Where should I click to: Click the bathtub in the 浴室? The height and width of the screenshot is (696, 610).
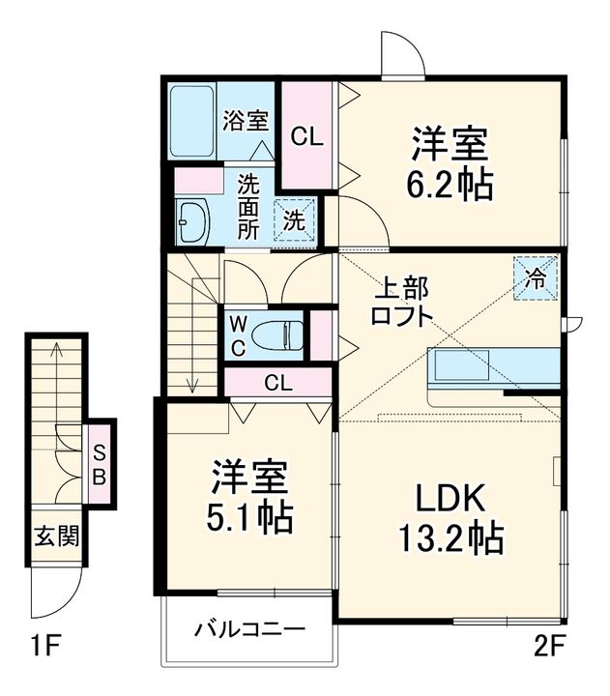tap(191, 121)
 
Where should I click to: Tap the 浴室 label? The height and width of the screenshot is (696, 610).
tap(246, 120)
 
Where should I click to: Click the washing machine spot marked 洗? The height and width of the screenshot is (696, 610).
tap(294, 220)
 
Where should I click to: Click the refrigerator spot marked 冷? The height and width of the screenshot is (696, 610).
tap(536, 278)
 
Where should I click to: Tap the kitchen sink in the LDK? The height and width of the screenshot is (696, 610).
tap(461, 364)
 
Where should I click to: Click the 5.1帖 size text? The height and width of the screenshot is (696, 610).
tap(249, 517)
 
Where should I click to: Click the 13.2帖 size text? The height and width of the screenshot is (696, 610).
tap(451, 539)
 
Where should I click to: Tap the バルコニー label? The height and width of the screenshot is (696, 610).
tap(250, 629)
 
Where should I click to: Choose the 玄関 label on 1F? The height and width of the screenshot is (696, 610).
tap(57, 536)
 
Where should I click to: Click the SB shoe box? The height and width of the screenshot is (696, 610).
tap(100, 464)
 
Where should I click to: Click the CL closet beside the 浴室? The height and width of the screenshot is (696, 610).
tap(306, 135)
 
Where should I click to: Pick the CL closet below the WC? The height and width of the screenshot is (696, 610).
tap(278, 383)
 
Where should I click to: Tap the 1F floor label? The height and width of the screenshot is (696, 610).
tap(45, 646)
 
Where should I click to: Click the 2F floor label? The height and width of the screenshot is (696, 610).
tap(549, 647)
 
